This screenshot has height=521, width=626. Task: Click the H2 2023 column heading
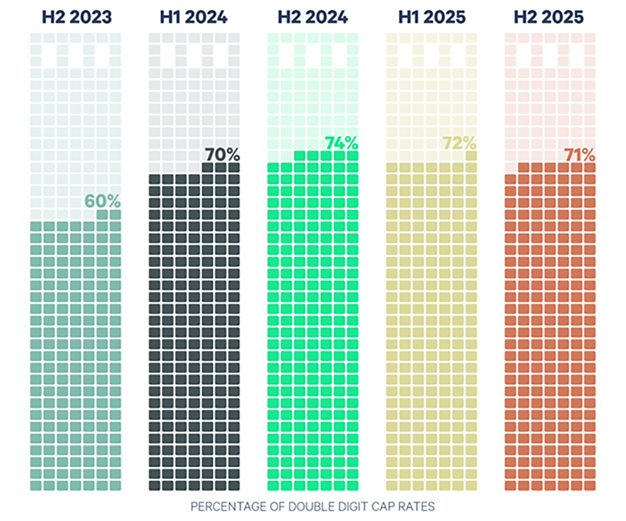(77, 17)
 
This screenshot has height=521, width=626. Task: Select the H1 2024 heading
(193, 17)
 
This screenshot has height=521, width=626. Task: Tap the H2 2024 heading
(313, 17)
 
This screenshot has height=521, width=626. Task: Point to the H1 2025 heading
(432, 17)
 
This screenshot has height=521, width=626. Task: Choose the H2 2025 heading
(548, 17)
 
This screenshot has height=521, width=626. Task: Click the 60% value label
(102, 201)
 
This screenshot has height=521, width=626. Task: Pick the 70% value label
(222, 155)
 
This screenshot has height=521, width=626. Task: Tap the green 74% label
(341, 143)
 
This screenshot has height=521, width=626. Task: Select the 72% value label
(459, 143)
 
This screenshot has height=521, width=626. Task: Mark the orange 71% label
(579, 155)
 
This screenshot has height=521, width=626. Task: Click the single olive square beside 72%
(471, 156)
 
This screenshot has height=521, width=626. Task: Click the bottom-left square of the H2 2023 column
(36, 486)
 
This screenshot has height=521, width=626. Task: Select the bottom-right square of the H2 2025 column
(590, 486)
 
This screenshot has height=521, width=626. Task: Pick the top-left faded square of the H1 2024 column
(154, 38)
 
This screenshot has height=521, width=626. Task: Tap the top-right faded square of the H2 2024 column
(353, 38)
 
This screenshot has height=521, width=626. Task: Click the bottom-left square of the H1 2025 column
(391, 486)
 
